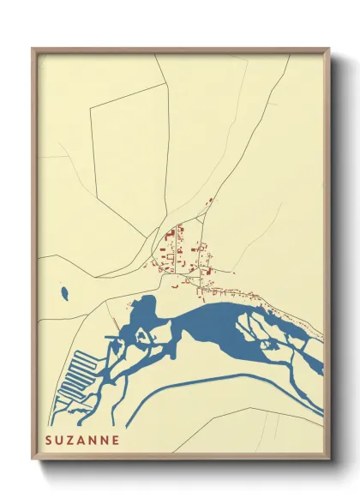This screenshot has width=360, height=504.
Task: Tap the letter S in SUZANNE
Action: point(49,440)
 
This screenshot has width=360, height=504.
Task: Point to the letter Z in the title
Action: point(71,440)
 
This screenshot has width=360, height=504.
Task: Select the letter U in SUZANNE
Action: point(60,440)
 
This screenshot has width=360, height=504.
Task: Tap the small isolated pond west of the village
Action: point(64,292)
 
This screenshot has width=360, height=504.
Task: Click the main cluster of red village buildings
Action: point(176,249)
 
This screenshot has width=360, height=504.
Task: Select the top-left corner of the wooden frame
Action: point(33,50)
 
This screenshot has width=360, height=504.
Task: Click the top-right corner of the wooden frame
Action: point(328,50)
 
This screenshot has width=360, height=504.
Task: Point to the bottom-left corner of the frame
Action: point(33,459)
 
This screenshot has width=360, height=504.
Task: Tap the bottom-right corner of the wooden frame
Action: point(328,459)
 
